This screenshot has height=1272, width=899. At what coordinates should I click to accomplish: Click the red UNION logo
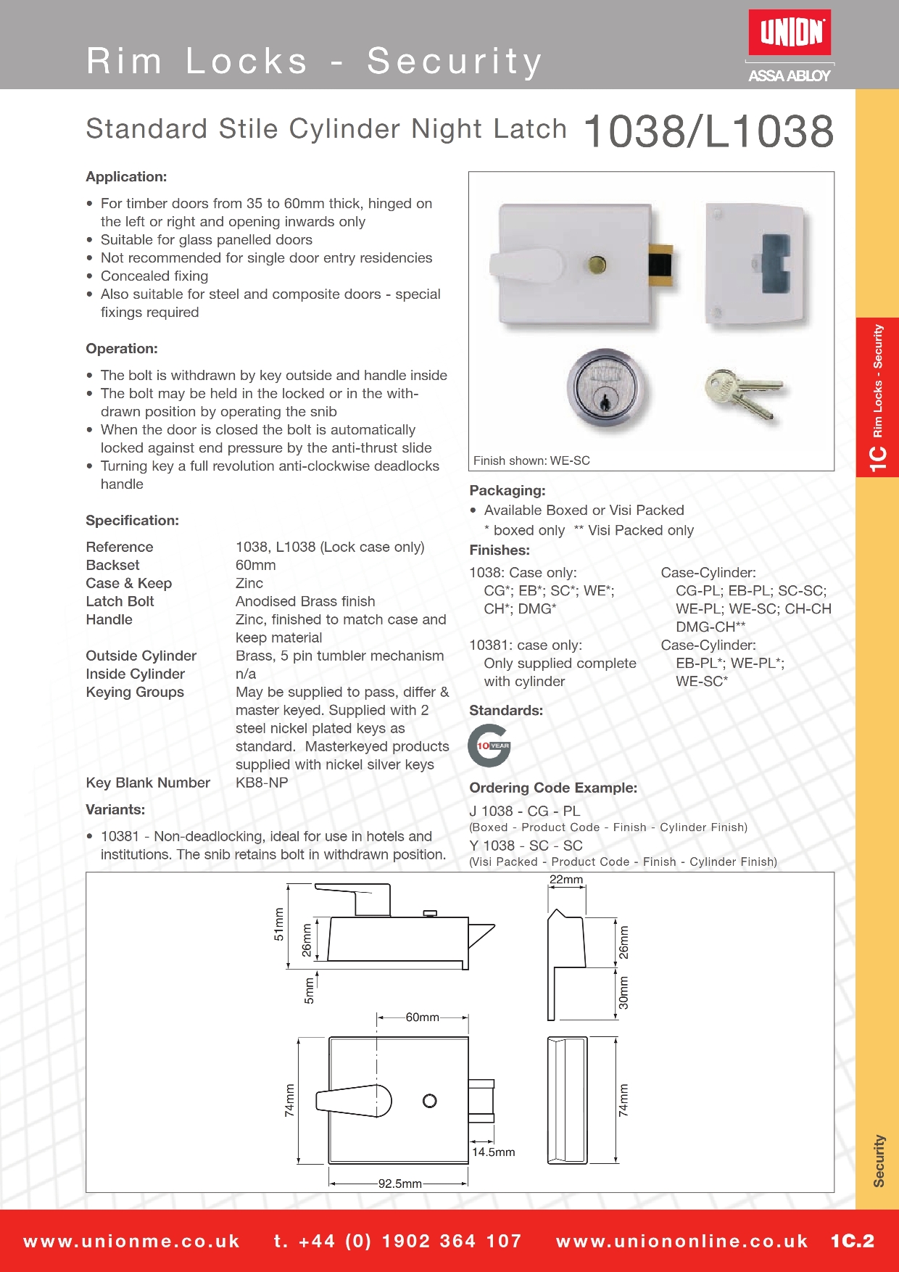tap(790, 33)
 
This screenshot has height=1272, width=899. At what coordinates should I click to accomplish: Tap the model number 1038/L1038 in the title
tap(708, 131)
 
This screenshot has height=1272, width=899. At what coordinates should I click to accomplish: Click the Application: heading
tap(126, 177)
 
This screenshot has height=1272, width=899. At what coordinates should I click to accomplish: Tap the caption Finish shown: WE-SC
tap(531, 461)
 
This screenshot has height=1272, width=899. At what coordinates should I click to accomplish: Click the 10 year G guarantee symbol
tap(489, 746)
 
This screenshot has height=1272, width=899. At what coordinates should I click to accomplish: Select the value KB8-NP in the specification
tap(262, 782)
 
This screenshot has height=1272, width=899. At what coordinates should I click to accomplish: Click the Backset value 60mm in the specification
tap(255, 565)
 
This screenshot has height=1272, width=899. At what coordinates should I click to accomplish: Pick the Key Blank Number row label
tap(148, 782)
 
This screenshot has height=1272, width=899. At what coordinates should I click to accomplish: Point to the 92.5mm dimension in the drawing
tap(399, 1184)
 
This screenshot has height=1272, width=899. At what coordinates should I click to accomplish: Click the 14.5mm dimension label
tap(493, 1152)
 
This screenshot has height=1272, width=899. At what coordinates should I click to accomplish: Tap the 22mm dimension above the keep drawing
tap(565, 880)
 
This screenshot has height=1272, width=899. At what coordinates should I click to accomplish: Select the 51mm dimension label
tap(279, 925)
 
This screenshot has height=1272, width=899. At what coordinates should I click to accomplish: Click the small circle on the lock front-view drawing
tap(429, 1101)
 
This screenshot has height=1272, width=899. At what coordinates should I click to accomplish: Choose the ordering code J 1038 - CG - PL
tap(524, 811)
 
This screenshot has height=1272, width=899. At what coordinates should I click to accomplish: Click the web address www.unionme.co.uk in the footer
tap(131, 1241)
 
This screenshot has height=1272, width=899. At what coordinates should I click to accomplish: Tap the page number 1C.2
tap(852, 1241)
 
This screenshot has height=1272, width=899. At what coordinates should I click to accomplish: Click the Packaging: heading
tap(507, 490)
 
